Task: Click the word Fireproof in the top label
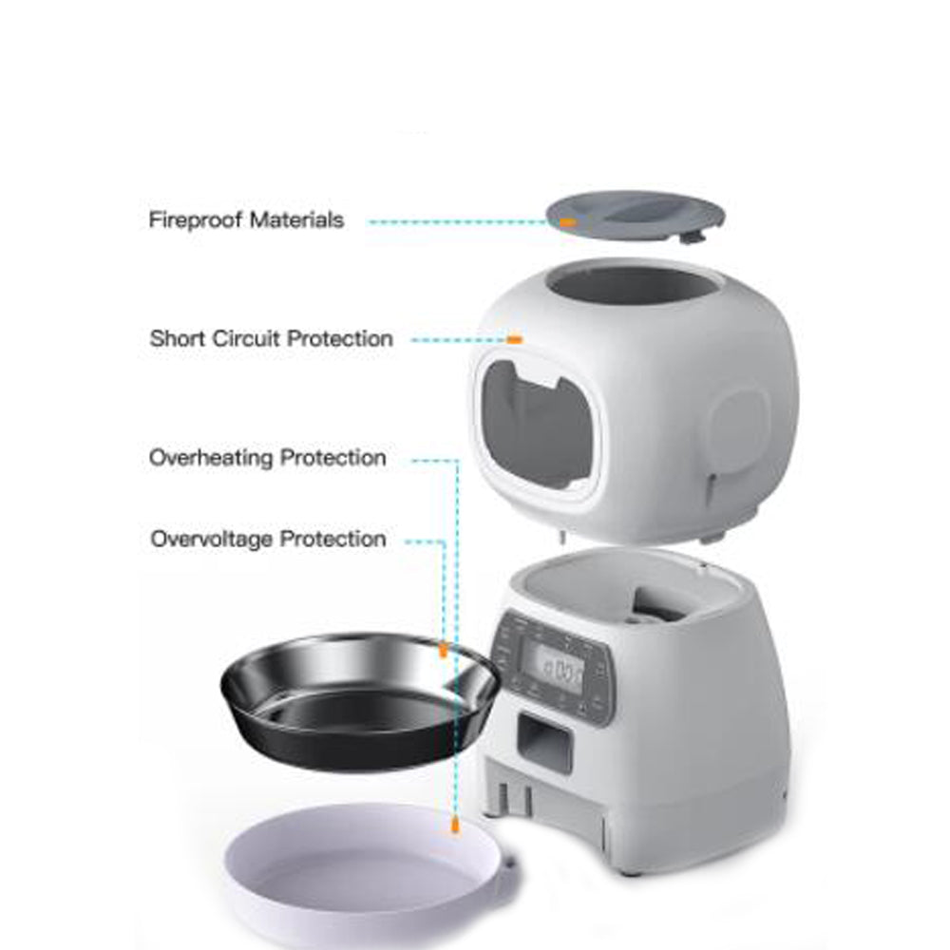(x=195, y=220)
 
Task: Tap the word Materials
(x=296, y=220)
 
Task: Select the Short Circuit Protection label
(x=271, y=338)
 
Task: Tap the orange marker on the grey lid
(x=567, y=221)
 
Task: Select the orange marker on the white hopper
(x=515, y=339)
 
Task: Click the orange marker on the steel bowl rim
(x=443, y=651)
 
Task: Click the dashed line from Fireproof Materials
(x=456, y=221)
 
